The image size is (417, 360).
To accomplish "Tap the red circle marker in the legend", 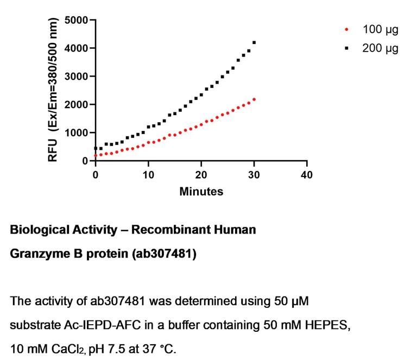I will click(347, 28).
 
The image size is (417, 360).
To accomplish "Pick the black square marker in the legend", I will click(347, 48).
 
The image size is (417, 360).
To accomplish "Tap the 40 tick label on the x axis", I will click(307, 174).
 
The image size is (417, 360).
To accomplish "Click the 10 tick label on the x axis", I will click(148, 174).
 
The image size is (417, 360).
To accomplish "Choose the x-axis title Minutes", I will click(201, 191).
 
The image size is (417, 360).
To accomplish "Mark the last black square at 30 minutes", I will click(254, 42).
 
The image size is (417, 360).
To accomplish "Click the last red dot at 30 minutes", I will click(254, 99).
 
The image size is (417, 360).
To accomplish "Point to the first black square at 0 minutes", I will click(96, 148).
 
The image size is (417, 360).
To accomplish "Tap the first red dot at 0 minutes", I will click(96, 156).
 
